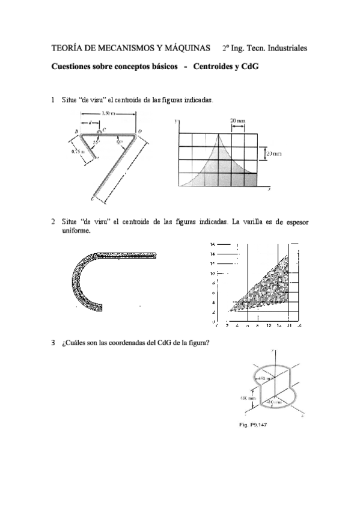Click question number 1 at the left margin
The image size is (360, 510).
pyautogui.click(x=54, y=99)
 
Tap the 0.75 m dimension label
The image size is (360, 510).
pyautogui.click(x=77, y=152)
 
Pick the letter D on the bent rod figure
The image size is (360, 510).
pyautogui.click(x=140, y=130)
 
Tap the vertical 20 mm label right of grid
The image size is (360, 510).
pyautogui.click(x=274, y=153)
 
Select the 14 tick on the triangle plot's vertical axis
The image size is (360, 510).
pyautogui.click(x=213, y=254)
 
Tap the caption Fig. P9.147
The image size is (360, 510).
pyautogui.click(x=252, y=425)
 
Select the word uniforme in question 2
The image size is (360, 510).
pyautogui.click(x=76, y=230)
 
